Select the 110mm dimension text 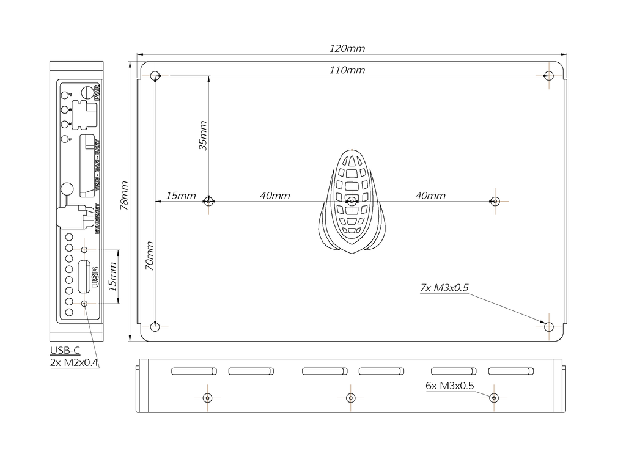pyautogui.click(x=347, y=70)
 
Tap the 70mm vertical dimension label pyautogui.click(x=149, y=257)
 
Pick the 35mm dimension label pyautogui.click(x=203, y=135)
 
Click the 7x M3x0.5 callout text pyautogui.click(x=444, y=288)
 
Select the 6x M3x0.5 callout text pyautogui.click(x=450, y=386)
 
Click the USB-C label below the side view pyautogui.click(x=65, y=351)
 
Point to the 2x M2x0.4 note pyautogui.click(x=75, y=362)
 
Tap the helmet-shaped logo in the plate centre pyautogui.click(x=352, y=201)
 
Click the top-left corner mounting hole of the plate pyautogui.click(x=155, y=76)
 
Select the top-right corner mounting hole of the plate pyautogui.click(x=549, y=76)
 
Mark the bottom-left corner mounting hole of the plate pyautogui.click(x=155, y=327)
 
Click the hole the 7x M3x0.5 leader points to pyautogui.click(x=549, y=327)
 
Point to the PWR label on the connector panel pyautogui.click(x=97, y=93)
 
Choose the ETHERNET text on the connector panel pyautogui.click(x=97, y=219)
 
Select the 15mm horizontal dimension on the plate pyautogui.click(x=180, y=196)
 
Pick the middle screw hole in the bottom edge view pyautogui.click(x=350, y=398)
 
